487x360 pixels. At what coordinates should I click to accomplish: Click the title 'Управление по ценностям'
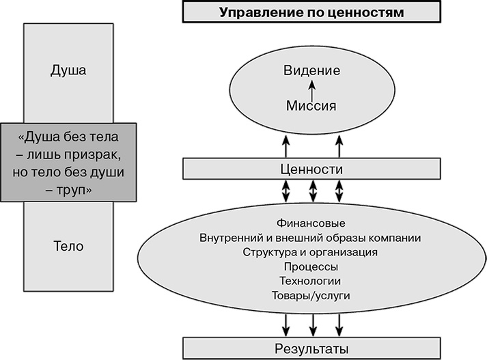click(311, 12)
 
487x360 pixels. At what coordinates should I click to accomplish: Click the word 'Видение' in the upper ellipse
click(311, 71)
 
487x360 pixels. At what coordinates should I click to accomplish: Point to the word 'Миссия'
click(311, 106)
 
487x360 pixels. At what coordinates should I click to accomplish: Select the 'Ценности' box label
click(311, 168)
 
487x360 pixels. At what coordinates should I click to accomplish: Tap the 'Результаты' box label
click(311, 348)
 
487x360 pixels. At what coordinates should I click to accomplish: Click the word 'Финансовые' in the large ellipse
click(311, 223)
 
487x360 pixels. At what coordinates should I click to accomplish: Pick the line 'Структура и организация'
click(311, 252)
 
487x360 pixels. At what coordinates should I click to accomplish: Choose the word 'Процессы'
click(311, 266)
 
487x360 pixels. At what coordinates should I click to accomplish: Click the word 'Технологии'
click(311, 281)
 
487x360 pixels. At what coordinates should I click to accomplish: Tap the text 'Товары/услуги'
click(311, 295)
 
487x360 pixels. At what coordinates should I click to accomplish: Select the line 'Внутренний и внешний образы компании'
click(311, 238)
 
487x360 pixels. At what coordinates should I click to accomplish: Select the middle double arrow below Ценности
click(312, 191)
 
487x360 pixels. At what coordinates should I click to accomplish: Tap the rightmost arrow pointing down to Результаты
click(338, 322)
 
